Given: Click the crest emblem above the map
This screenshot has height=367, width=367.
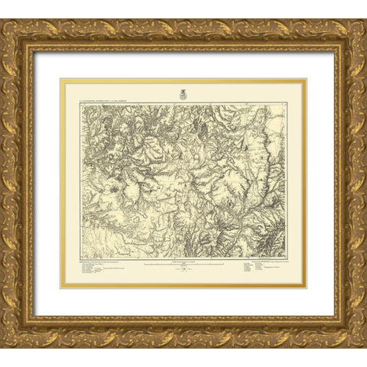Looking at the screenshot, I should point(183,94).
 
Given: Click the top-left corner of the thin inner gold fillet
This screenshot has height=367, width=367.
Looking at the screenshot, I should point(62,80).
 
